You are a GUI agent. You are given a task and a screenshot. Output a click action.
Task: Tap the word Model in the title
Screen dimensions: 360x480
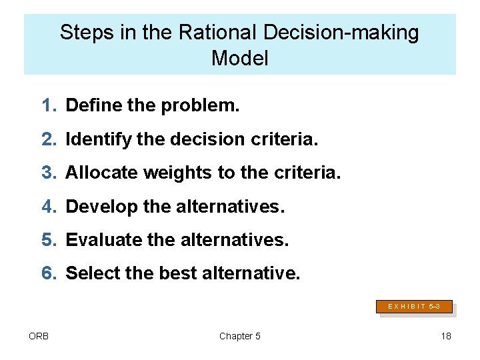(239, 59)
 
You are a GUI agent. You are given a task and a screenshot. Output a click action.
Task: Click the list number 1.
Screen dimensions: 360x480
(49, 105)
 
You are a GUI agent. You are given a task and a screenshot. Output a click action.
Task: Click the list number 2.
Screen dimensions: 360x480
(49, 139)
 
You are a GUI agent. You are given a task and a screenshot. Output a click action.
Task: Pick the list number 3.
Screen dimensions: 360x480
(49, 173)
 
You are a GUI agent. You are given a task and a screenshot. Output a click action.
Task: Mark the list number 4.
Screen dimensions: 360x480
(49, 207)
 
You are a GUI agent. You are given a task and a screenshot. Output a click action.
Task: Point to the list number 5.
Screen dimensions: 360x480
(49, 240)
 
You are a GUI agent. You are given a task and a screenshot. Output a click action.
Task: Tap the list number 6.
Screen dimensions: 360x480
(49, 273)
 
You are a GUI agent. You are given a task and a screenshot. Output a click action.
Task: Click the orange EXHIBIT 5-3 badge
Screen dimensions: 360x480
(414, 307)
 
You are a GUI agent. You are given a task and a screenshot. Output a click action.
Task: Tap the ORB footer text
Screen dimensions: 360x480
(38, 336)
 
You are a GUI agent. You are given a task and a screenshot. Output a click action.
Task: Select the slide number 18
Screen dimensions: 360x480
(446, 336)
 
